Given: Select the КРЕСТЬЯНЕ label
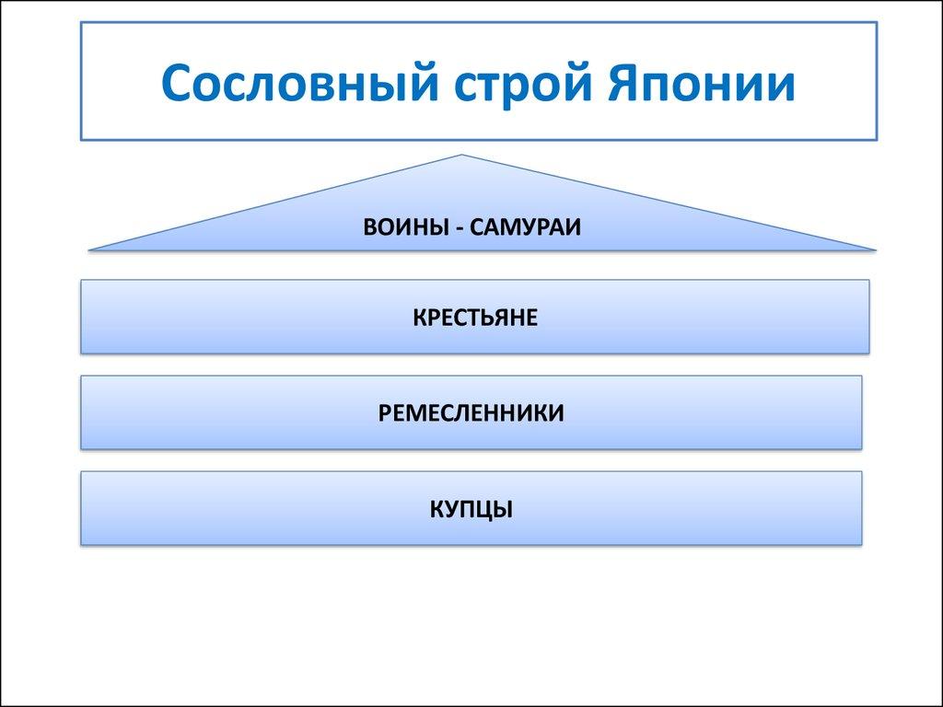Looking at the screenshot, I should pos(474,319).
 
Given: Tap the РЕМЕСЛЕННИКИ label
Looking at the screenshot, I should pos(471,412).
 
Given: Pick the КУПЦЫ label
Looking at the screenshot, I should pos(471,508).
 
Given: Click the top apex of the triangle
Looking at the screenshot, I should pos(461,156).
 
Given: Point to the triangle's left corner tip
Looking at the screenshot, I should pos(90,249).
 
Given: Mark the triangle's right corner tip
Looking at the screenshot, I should pos(874,249).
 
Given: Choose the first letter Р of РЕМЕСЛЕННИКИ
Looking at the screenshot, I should pos(384,412).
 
